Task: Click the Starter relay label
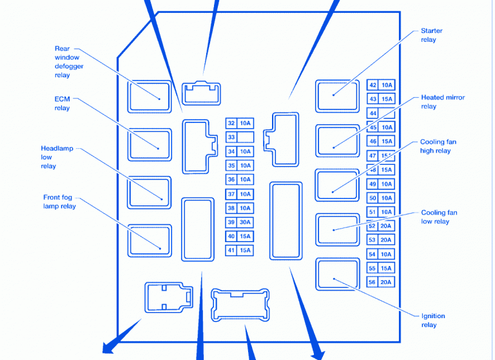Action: point(431,35)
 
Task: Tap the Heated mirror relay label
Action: point(442,102)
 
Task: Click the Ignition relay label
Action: point(432,320)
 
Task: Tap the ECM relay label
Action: point(62,104)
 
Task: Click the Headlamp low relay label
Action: point(57,157)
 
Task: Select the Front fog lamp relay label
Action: point(59,202)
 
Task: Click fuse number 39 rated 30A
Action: point(238,222)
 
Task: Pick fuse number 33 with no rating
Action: point(238,137)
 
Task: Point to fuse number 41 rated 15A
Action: point(238,251)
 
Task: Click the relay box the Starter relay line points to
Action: point(337,95)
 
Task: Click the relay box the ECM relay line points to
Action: point(149,144)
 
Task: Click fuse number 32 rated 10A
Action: point(238,123)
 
